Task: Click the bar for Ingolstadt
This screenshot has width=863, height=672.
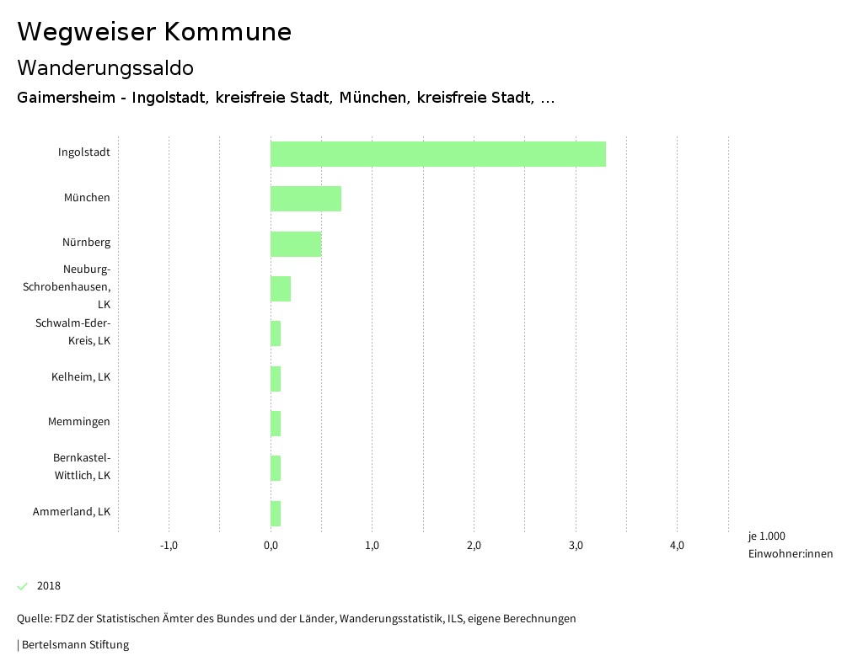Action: [x=438, y=154]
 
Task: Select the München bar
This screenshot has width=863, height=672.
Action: [x=306, y=199]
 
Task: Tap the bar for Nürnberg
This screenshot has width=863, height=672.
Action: [x=296, y=243]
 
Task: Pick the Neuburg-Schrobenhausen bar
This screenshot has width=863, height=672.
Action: [x=281, y=289]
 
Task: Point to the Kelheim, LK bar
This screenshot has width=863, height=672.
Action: [x=276, y=379]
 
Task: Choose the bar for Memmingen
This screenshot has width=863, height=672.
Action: [x=276, y=424]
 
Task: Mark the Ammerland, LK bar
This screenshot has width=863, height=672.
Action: [x=276, y=513]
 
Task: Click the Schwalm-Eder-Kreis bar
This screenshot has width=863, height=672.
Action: [x=276, y=333]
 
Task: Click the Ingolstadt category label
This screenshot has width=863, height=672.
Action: [x=84, y=152]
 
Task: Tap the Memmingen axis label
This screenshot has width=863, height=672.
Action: [x=79, y=421]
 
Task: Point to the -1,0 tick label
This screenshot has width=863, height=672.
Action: [x=169, y=546]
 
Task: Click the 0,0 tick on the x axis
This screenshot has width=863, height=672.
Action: [x=271, y=546]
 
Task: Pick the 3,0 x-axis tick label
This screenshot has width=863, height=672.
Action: [x=576, y=546]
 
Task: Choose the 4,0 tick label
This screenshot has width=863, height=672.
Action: [x=677, y=546]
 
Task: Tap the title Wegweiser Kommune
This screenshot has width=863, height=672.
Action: [x=154, y=32]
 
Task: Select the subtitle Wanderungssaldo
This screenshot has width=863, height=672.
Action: [x=105, y=67]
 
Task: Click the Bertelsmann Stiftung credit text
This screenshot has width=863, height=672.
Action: [x=74, y=645]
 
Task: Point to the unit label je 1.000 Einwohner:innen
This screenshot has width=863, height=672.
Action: [x=790, y=545]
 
